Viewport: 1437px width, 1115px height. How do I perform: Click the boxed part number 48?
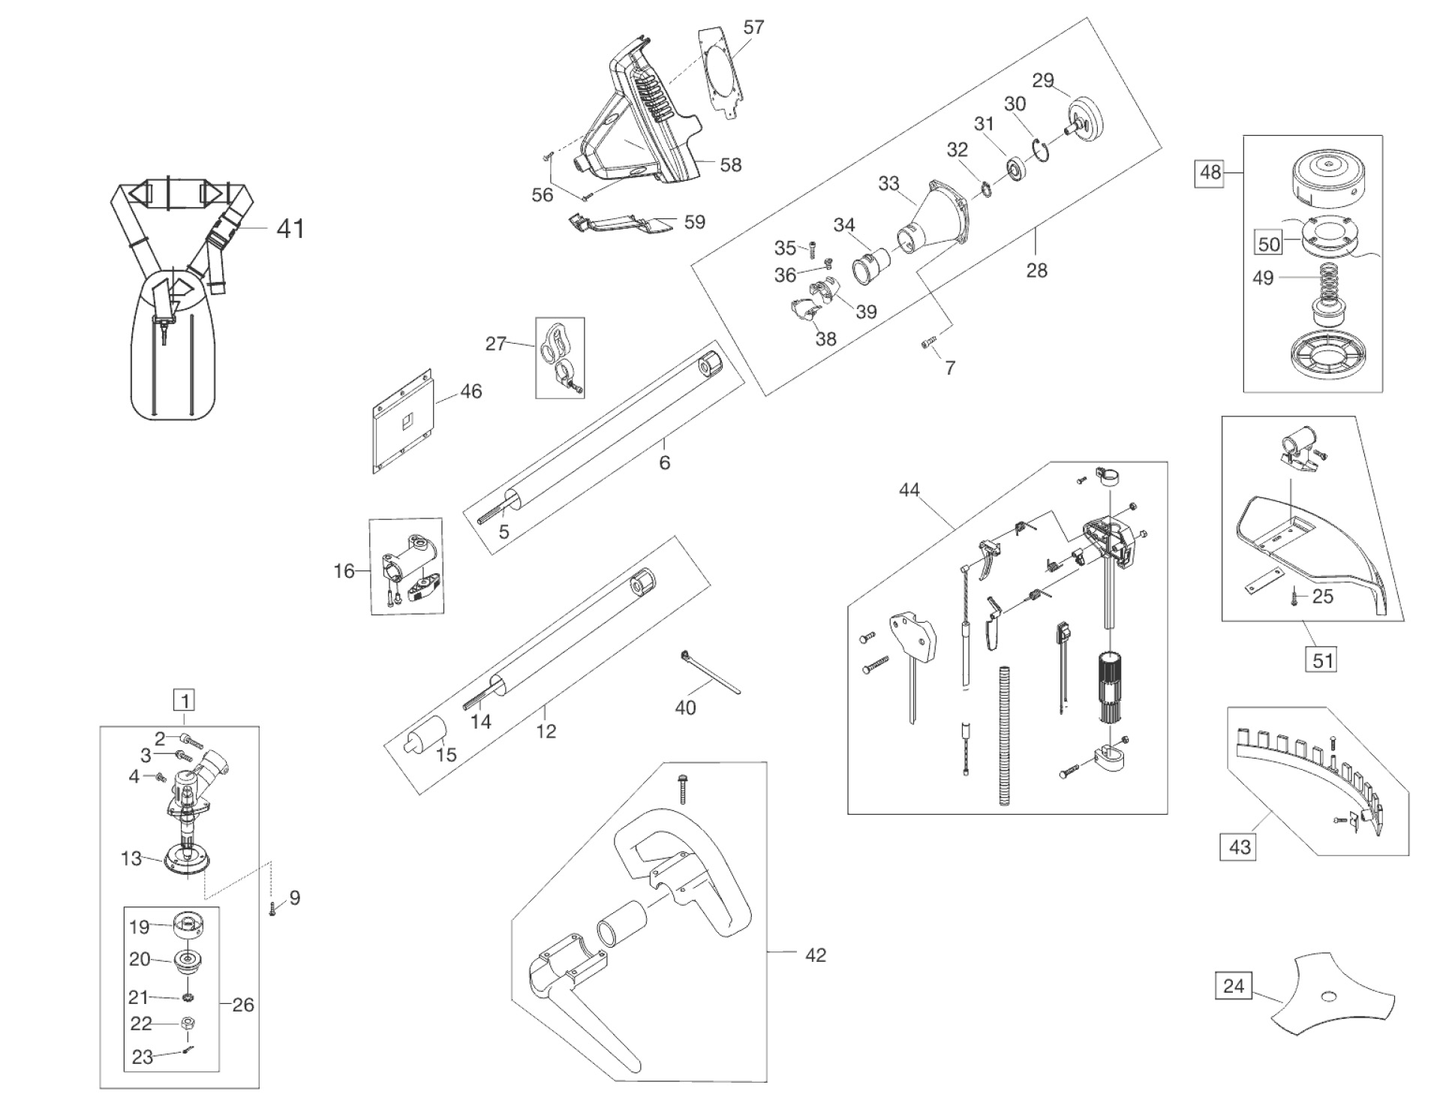[1210, 173]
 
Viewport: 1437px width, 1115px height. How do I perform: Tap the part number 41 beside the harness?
[290, 228]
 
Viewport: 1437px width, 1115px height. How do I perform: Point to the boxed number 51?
[1321, 660]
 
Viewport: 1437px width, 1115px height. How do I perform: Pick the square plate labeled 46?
[404, 420]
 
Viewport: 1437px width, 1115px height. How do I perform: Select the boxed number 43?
[1240, 847]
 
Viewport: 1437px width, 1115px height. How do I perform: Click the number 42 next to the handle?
[815, 955]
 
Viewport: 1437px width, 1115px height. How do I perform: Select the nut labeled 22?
[189, 1023]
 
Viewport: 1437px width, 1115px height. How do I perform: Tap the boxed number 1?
[184, 700]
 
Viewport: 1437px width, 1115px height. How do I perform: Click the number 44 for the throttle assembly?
[909, 490]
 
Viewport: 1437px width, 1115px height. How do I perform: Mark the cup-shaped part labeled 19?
[188, 926]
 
